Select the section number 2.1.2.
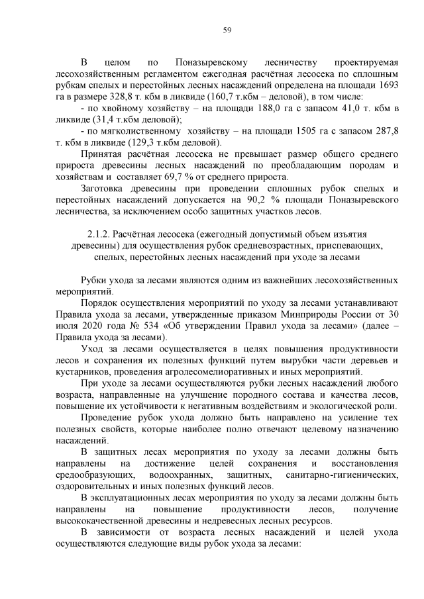coord(101,234)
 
